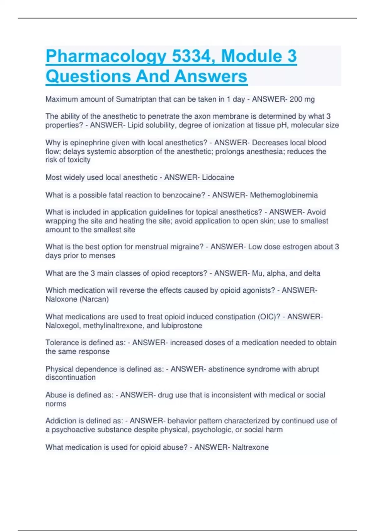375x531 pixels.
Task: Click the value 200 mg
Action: point(302,99)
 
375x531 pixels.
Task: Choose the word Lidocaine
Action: point(218,177)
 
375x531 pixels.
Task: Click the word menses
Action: point(103,256)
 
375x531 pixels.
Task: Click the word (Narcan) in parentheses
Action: point(94,299)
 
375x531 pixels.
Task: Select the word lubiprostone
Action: point(182,326)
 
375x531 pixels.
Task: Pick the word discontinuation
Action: point(71,378)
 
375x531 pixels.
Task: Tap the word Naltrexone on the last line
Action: point(250,447)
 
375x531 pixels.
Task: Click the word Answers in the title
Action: point(211,77)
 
